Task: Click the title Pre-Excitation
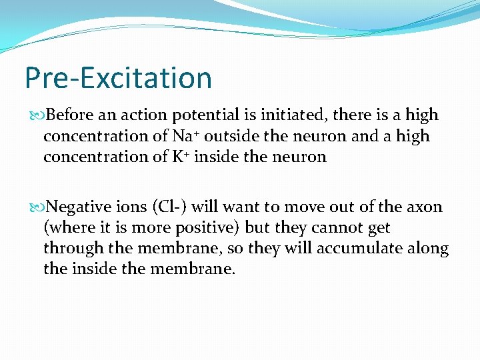pyautogui.click(x=118, y=77)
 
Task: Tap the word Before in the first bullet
pyautogui.click(x=71, y=115)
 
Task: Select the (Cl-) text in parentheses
pyautogui.click(x=172, y=207)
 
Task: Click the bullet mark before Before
pyautogui.click(x=40, y=115)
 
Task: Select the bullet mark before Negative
pyautogui.click(x=40, y=207)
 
